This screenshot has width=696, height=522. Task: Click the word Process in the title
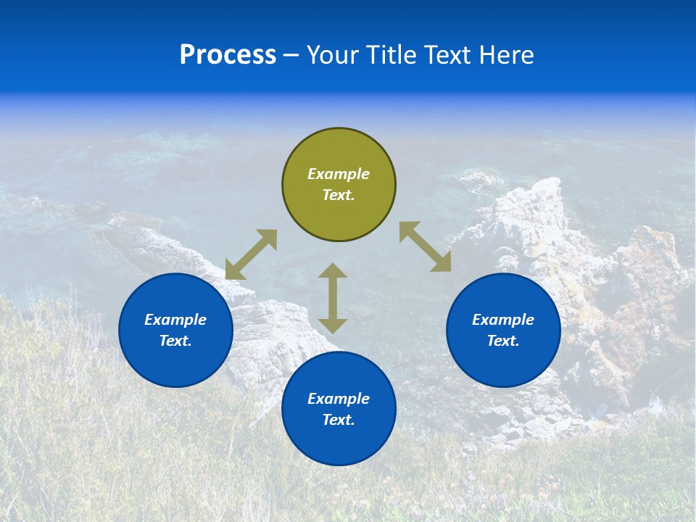tap(228, 55)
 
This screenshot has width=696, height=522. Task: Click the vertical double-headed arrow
tap(333, 298)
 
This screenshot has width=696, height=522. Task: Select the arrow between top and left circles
tap(251, 254)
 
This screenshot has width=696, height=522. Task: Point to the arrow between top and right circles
tap(426, 246)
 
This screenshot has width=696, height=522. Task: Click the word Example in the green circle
tap(339, 174)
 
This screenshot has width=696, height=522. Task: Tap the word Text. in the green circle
tap(339, 195)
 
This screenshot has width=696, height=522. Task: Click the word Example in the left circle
tap(175, 320)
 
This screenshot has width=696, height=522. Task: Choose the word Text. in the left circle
tap(175, 341)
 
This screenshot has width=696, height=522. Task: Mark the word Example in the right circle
tap(503, 320)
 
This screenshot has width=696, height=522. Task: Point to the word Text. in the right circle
tap(503, 341)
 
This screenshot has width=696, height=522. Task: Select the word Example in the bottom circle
tap(339, 399)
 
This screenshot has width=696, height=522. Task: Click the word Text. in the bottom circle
tap(339, 420)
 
